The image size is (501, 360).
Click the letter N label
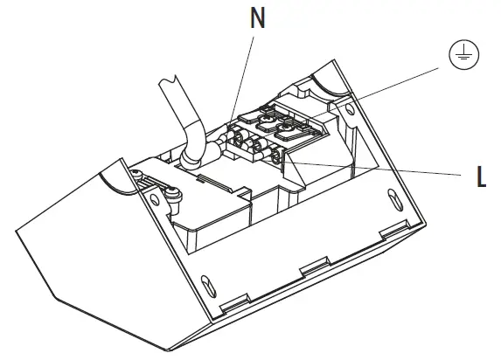[x=257, y=20]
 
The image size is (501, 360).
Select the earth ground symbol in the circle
[x=459, y=56]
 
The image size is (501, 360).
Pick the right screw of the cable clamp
[x=173, y=198]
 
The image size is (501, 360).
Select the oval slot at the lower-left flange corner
[x=206, y=285]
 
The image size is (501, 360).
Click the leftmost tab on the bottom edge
[x=229, y=304]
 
